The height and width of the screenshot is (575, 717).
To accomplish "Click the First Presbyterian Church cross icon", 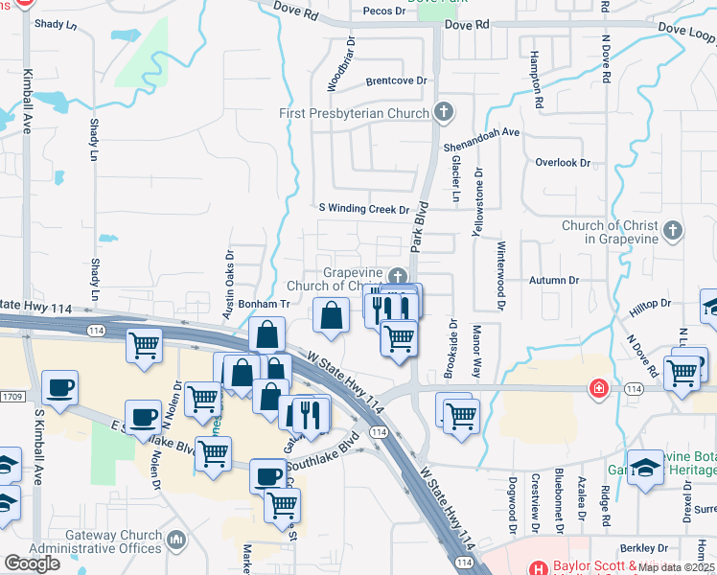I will click(443, 113).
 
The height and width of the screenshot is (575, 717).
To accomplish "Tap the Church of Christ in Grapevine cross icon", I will click(673, 230).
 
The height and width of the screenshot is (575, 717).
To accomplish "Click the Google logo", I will click(33, 563).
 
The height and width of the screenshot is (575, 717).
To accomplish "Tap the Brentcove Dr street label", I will click(395, 81).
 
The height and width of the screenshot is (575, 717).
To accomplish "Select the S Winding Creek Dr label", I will click(364, 209).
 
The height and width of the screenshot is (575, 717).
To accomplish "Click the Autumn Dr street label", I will click(554, 281).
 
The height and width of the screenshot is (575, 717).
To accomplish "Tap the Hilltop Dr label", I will click(651, 304).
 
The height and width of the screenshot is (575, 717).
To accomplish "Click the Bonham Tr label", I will click(264, 303).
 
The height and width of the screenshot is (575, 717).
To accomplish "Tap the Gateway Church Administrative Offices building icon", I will click(175, 541).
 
